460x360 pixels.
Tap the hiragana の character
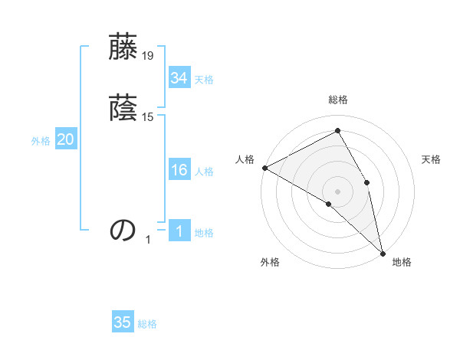123,230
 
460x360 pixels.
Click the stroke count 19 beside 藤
148,56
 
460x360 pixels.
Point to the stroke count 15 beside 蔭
148,117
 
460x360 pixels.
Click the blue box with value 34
179,78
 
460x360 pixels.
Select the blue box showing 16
179,171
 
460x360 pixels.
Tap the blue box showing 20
65,139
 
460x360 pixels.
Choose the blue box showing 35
123,322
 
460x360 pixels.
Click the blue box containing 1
179,232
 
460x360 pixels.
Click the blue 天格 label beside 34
204,79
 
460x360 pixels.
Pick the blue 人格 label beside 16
204,172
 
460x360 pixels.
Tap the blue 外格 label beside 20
41,140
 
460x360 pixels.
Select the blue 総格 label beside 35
148,323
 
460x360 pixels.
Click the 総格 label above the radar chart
338,100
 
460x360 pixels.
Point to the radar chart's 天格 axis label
432,159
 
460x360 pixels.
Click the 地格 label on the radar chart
402,262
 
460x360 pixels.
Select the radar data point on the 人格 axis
264,168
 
